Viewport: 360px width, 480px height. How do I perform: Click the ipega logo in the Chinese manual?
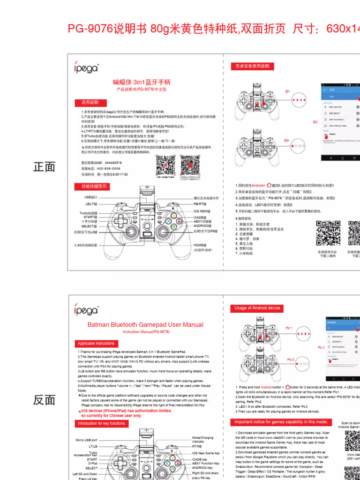pyautogui.click(x=86, y=68)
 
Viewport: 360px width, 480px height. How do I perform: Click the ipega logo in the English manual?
pyautogui.click(x=86, y=310)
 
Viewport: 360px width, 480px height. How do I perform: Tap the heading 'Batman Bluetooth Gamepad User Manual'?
pyautogui.click(x=145, y=324)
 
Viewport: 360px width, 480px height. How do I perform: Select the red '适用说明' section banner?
pyautogui.click(x=90, y=103)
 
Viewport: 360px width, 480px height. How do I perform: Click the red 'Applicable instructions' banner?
pyautogui.click(x=96, y=344)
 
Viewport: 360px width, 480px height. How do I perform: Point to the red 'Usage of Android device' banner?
pyautogui.click(x=257, y=308)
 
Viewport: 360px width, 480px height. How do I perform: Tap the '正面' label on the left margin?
pyautogui.click(x=45, y=167)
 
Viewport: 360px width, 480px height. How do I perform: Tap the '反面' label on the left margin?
pyautogui.click(x=45, y=400)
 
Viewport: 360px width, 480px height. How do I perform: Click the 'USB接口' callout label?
pyautogui.click(x=90, y=197)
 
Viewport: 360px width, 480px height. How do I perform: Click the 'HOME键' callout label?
pyautogui.click(x=200, y=245)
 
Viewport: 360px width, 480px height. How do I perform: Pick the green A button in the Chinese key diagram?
pyautogui.click(x=174, y=226)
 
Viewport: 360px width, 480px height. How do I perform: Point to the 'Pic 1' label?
pyautogui.click(x=289, y=328)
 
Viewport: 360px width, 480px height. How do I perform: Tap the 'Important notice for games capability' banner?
pyautogui.click(x=281, y=422)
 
